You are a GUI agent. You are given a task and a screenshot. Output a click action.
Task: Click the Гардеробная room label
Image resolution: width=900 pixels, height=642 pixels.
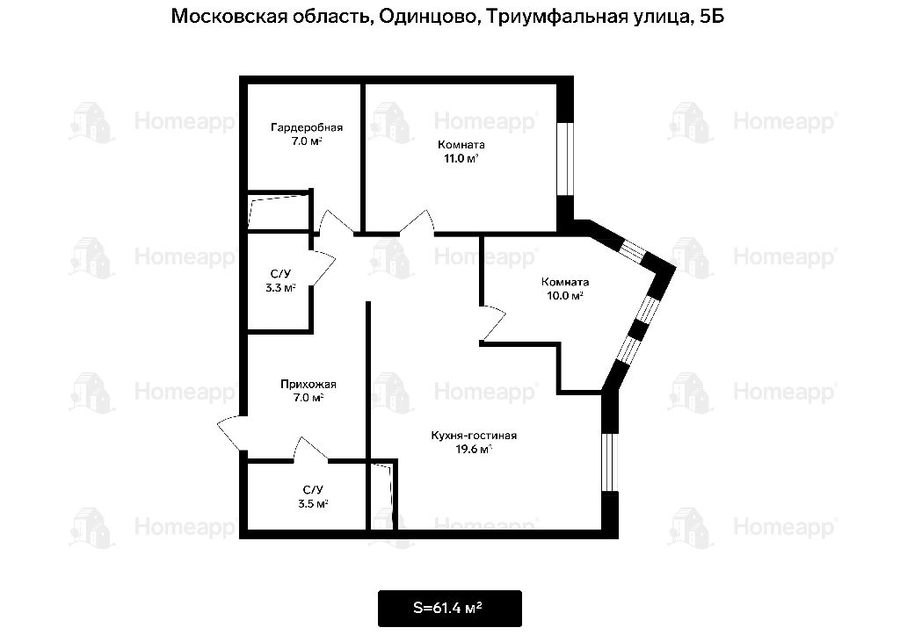coord(307,127)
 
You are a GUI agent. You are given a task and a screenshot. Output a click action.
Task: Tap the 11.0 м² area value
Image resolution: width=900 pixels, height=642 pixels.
coord(461,158)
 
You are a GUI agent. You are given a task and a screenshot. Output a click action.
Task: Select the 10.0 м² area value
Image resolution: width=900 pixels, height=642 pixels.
coord(565,295)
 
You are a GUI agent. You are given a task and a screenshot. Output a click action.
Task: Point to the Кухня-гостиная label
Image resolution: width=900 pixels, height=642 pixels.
coord(474,436)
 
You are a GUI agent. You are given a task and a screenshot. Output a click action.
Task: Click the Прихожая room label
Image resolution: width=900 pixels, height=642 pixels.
coord(308,384)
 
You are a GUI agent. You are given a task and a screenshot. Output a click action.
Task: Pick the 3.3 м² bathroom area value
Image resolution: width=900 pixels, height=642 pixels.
coord(280,288)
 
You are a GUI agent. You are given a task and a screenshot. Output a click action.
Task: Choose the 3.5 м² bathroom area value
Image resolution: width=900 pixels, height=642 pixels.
coord(313,504)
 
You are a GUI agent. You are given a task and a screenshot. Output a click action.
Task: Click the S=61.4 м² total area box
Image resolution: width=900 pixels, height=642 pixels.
coord(449,608)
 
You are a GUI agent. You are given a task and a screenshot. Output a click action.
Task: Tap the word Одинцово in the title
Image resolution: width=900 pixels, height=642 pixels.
coord(427,16)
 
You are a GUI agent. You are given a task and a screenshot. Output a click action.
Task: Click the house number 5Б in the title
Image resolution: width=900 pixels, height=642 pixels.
coord(712,16)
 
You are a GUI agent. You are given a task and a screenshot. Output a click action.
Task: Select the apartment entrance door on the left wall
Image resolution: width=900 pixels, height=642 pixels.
coord(232,433)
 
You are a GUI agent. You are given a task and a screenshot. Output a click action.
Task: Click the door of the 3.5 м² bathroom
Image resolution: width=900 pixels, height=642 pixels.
coord(310,450)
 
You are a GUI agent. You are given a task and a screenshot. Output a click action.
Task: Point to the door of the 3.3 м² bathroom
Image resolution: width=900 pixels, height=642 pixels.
coord(322,268)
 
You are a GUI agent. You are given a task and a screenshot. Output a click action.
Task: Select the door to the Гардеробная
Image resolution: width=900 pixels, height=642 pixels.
coord(336,222)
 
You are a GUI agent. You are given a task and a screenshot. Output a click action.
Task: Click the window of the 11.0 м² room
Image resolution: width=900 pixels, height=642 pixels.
coord(565,158)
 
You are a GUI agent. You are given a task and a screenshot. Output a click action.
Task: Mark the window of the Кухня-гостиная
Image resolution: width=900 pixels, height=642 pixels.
coord(610,463)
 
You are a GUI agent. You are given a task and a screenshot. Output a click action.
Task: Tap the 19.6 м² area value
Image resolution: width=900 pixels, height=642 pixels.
coord(474,450)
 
